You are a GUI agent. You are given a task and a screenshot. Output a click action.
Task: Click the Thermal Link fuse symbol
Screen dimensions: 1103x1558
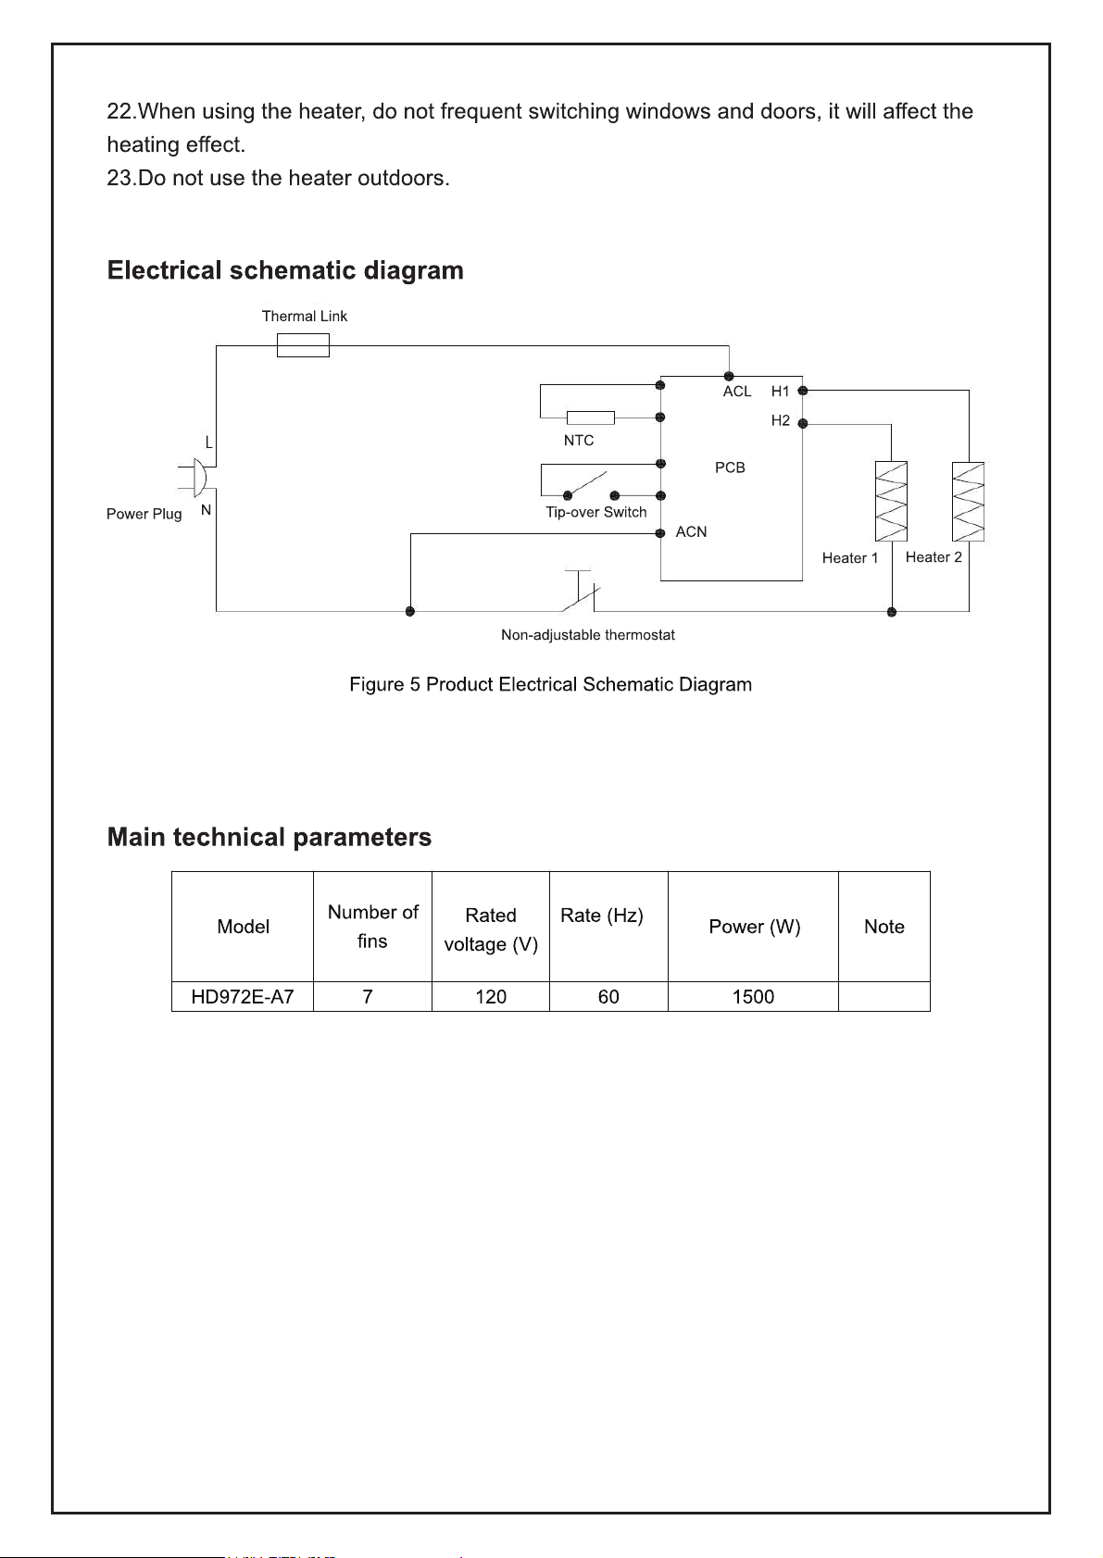coord(303,345)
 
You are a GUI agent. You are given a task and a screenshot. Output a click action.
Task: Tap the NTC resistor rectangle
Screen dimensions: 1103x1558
coord(590,418)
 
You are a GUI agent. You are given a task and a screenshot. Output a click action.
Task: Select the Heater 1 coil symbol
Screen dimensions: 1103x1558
coord(891,501)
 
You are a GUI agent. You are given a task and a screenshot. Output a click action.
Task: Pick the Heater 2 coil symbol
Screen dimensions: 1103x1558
coord(968,501)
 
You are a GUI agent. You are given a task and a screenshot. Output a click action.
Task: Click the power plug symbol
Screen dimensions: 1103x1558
coord(195,478)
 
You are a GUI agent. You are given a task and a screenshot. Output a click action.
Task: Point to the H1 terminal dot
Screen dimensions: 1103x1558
coord(802,391)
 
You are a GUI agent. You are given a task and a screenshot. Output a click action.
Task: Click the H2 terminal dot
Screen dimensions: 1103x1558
coord(802,423)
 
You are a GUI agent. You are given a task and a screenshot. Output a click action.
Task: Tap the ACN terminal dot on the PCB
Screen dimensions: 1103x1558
coord(660,533)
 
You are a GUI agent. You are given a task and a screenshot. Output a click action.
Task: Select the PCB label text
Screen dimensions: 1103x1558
coord(730,467)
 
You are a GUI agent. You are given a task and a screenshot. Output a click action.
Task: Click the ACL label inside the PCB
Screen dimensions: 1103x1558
coord(737,392)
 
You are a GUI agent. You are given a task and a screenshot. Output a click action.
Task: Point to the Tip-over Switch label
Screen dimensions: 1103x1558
coord(595,512)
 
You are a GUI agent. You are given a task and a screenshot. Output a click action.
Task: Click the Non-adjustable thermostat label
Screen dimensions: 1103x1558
coord(588,635)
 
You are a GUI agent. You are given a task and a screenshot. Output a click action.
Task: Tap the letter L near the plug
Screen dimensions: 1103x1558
coord(208,442)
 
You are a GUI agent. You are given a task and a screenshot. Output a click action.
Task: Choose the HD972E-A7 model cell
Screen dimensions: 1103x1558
coord(242,997)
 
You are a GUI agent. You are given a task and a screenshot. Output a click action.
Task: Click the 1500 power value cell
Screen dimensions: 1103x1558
coord(753,997)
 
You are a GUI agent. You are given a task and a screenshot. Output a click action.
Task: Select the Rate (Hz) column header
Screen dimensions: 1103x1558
coord(602,916)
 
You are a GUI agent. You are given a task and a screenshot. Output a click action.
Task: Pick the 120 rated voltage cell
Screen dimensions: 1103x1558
coord(491,997)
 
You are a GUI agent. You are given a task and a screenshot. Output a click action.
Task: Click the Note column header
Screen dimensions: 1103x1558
coord(884,927)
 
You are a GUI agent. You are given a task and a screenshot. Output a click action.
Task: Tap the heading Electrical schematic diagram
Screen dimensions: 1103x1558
coord(285,270)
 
